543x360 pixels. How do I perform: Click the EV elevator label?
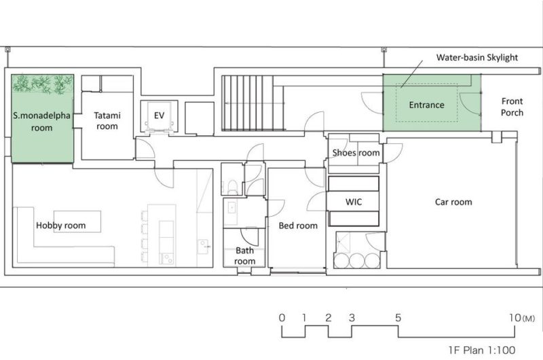159,115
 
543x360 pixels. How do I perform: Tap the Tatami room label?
107,121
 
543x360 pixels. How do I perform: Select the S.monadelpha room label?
42,122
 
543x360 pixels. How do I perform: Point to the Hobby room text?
60,226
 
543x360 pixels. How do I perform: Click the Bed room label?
298,226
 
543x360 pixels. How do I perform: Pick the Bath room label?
244,255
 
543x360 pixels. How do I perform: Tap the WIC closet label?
354,202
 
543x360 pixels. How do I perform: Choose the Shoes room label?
356,152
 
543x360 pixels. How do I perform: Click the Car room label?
453,202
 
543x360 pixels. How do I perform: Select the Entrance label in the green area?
426,105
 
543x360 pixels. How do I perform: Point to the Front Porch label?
512,107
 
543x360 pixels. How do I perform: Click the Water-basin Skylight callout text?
477,58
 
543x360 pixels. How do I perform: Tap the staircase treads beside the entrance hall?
247,103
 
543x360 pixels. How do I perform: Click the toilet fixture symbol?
232,186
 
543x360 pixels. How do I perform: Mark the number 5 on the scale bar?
398,317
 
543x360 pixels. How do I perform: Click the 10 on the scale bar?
515,317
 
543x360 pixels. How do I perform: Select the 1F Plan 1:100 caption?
482,350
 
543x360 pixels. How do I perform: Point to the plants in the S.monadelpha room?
43,84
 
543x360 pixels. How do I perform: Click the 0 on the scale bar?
282,317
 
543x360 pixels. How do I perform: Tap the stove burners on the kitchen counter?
166,259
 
